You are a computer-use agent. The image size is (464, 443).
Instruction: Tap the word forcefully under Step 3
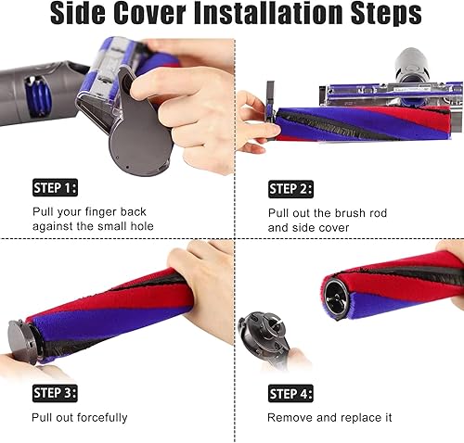[x=97, y=418]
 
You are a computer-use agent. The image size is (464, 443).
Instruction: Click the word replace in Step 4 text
[x=370, y=418]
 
